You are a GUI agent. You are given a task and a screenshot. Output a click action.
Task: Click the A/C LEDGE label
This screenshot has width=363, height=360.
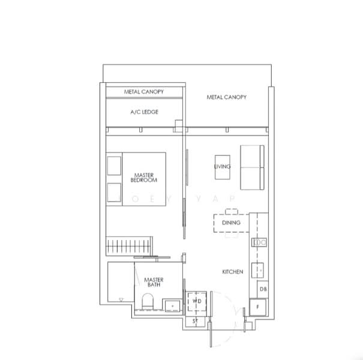(144, 112)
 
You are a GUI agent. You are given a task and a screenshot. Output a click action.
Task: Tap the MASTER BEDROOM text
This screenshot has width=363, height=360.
(144, 177)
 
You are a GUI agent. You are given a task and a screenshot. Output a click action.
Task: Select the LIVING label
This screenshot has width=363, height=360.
(223, 166)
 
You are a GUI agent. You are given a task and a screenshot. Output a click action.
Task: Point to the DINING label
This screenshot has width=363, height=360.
(231, 223)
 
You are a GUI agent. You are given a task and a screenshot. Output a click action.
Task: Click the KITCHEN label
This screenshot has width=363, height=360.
(233, 272)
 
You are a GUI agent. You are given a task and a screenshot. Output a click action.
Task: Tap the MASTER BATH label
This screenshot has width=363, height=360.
(154, 282)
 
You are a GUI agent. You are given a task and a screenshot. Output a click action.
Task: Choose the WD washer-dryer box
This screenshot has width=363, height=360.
(197, 302)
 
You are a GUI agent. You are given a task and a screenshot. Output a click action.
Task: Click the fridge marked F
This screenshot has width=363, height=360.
(260, 308)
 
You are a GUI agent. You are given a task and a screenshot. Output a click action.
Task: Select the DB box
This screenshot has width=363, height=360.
(263, 289)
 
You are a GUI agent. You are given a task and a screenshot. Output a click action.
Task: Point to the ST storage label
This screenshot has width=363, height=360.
(196, 322)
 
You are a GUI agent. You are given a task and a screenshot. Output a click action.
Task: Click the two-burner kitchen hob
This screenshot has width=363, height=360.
(260, 242)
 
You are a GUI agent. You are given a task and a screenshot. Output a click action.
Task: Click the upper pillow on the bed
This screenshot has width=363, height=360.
(115, 166)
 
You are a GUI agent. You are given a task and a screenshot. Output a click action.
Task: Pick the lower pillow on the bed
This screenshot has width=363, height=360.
(115, 193)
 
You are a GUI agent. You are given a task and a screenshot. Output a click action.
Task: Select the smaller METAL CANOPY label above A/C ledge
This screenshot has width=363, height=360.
(144, 92)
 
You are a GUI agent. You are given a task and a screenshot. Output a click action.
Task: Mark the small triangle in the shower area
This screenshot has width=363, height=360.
(121, 298)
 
